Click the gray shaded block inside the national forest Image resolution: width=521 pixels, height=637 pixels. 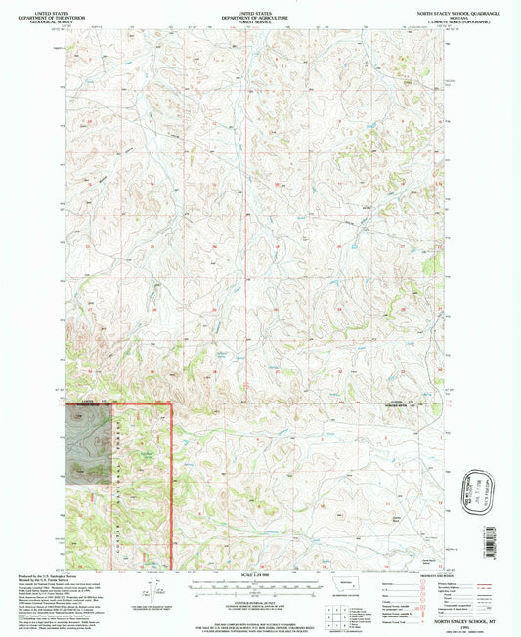(x=88, y=446)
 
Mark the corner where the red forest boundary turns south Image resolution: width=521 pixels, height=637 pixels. (x=172, y=403)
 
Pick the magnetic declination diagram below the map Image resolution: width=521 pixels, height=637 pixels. (x=149, y=592)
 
